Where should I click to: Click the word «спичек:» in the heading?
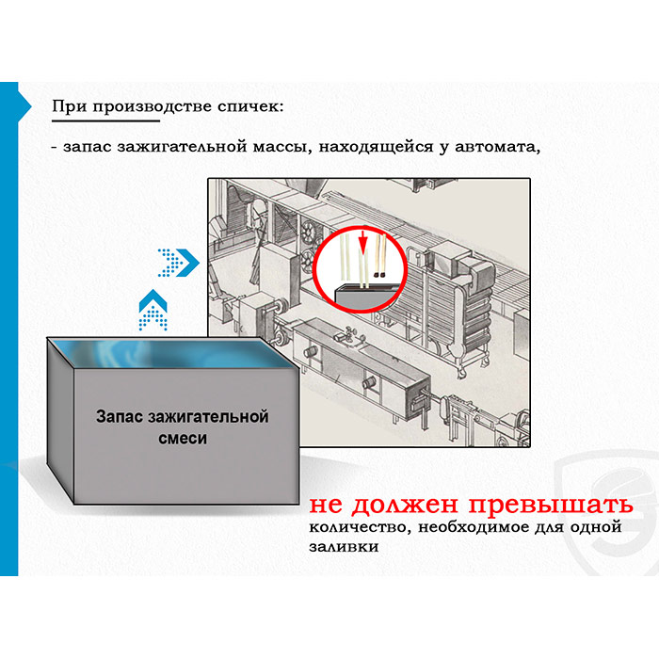[250, 106]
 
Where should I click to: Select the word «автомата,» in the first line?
[497, 147]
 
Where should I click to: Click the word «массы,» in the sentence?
[282, 147]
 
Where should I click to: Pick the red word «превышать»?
[551, 505]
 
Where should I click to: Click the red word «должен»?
[404, 505]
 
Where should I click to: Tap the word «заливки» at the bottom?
[344, 546]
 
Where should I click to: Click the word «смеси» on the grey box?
[183, 439]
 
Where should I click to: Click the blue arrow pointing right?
[178, 263]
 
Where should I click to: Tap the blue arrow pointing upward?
[153, 310]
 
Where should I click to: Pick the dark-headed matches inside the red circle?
[380, 256]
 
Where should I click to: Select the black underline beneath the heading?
[105, 121]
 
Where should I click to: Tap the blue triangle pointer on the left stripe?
[24, 106]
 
